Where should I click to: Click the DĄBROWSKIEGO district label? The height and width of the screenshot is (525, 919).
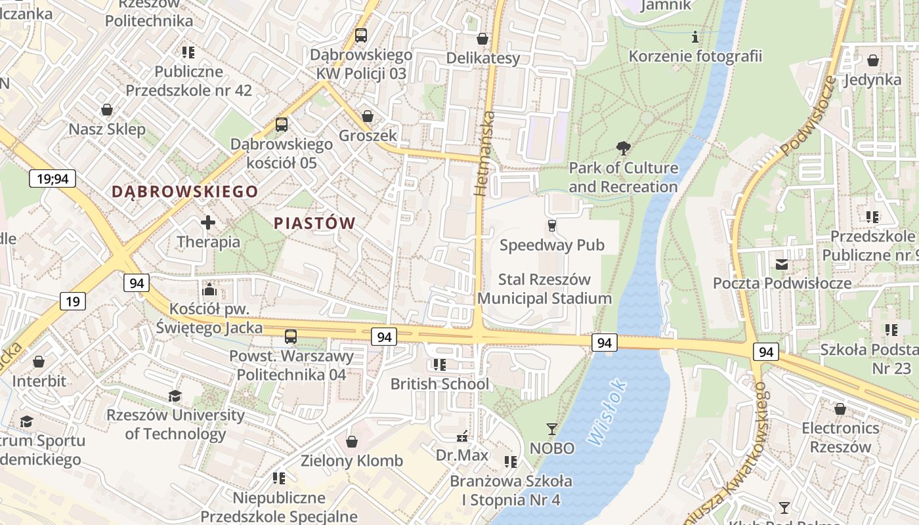coord(184,192)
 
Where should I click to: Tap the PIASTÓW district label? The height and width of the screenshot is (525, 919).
coord(314,223)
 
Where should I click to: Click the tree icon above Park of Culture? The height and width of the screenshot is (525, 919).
coord(623,148)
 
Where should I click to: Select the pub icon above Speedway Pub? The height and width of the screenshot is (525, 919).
coord(551,226)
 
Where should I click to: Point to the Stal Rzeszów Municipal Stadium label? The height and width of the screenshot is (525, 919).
coord(544,289)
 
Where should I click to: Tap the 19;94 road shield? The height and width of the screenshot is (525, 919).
coord(53,178)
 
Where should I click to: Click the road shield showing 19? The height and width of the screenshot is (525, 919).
coord(72,301)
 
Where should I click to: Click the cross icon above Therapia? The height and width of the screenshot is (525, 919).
coord(208,222)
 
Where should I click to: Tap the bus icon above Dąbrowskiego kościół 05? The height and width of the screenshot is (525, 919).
coord(282,124)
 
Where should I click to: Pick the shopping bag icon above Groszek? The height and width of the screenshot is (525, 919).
coord(368,116)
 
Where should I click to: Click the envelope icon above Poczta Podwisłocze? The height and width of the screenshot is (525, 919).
coord(782,264)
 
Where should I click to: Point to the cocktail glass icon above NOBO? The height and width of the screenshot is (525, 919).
coord(551,429)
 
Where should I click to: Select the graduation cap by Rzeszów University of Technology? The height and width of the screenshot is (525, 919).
coord(175,396)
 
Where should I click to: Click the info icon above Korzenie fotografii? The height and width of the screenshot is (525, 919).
coord(695,37)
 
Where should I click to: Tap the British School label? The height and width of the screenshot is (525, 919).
coord(440,384)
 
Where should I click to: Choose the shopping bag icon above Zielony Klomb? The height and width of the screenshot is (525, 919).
coord(352,441)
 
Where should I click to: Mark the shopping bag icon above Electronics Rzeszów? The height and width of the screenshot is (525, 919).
coord(840,409)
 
